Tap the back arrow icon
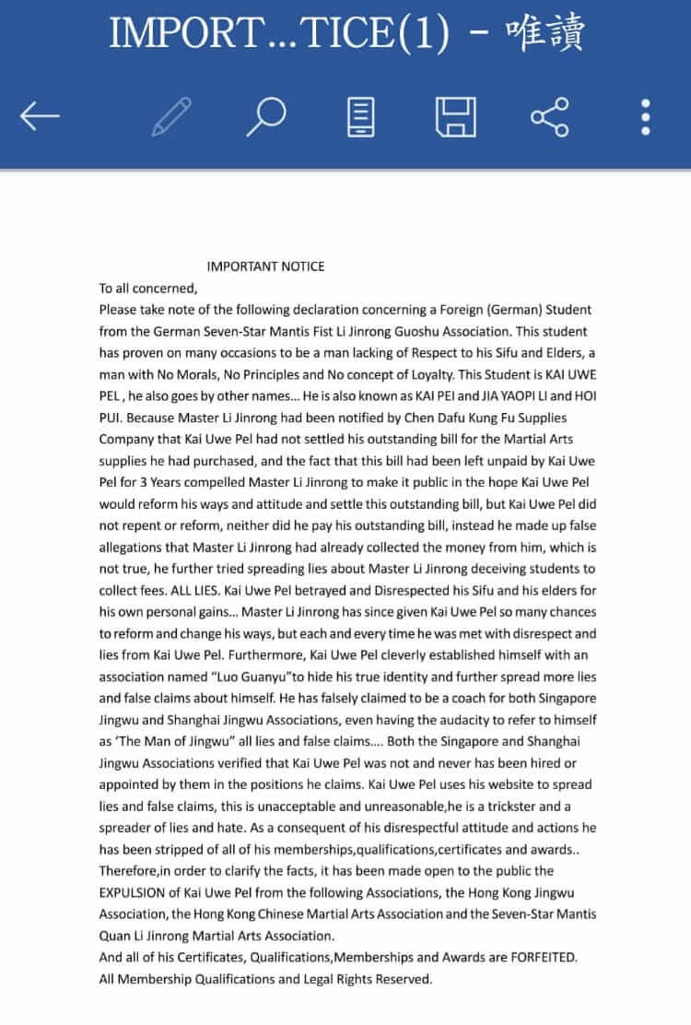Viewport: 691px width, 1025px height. click(x=40, y=117)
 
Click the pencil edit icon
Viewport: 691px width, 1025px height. click(x=171, y=117)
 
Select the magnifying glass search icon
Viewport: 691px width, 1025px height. click(x=266, y=117)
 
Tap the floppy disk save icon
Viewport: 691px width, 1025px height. click(x=455, y=117)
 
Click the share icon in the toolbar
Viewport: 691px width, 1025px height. click(x=550, y=117)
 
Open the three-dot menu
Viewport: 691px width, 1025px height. click(x=646, y=117)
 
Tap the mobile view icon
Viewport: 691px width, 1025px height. click(x=362, y=117)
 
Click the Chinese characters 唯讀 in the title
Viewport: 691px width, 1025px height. click(x=545, y=35)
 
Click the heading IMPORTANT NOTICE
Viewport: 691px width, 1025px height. click(x=265, y=266)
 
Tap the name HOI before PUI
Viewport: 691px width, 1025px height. click(x=577, y=395)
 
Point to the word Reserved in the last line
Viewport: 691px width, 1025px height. click(x=398, y=979)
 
